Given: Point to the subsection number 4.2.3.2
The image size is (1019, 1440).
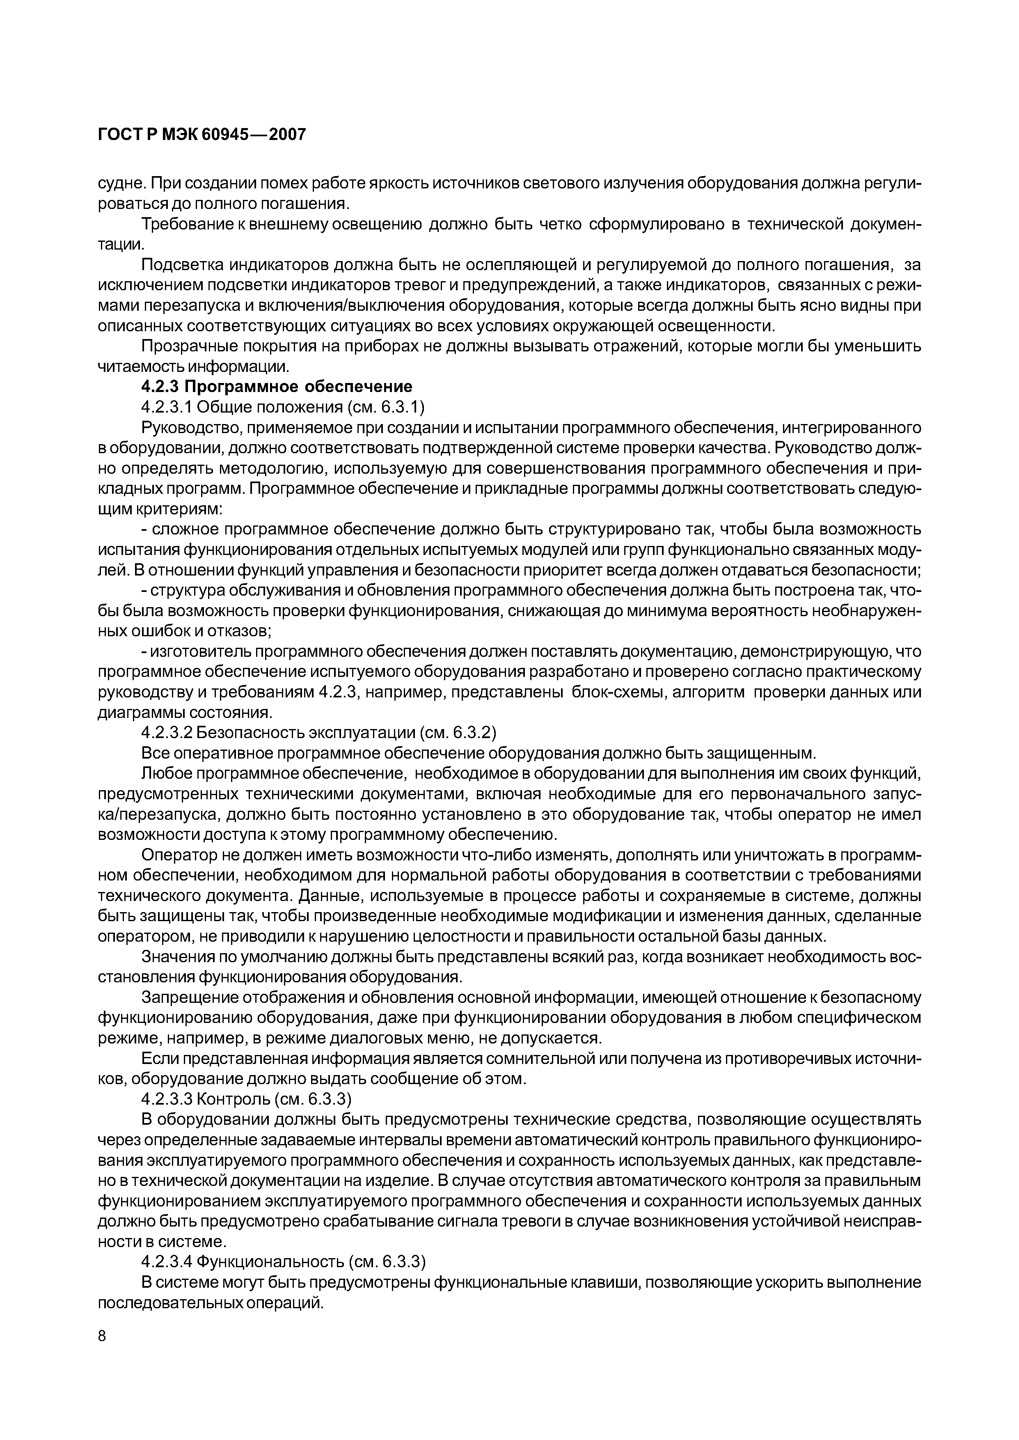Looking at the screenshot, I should [x=166, y=733].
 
